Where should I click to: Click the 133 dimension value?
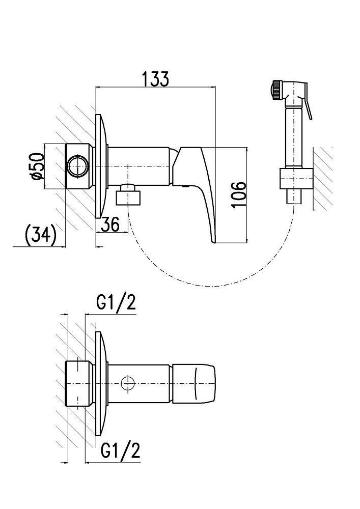155,79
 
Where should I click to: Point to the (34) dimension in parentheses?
40,235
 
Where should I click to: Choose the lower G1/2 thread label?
121,450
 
